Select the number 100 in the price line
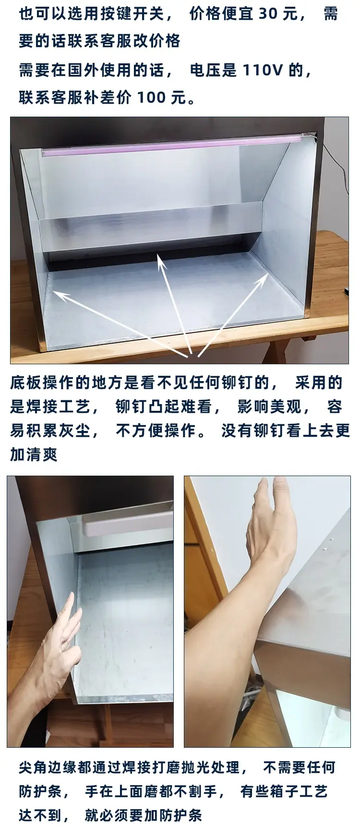[x=152, y=98]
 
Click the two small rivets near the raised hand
[x=328, y=545]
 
